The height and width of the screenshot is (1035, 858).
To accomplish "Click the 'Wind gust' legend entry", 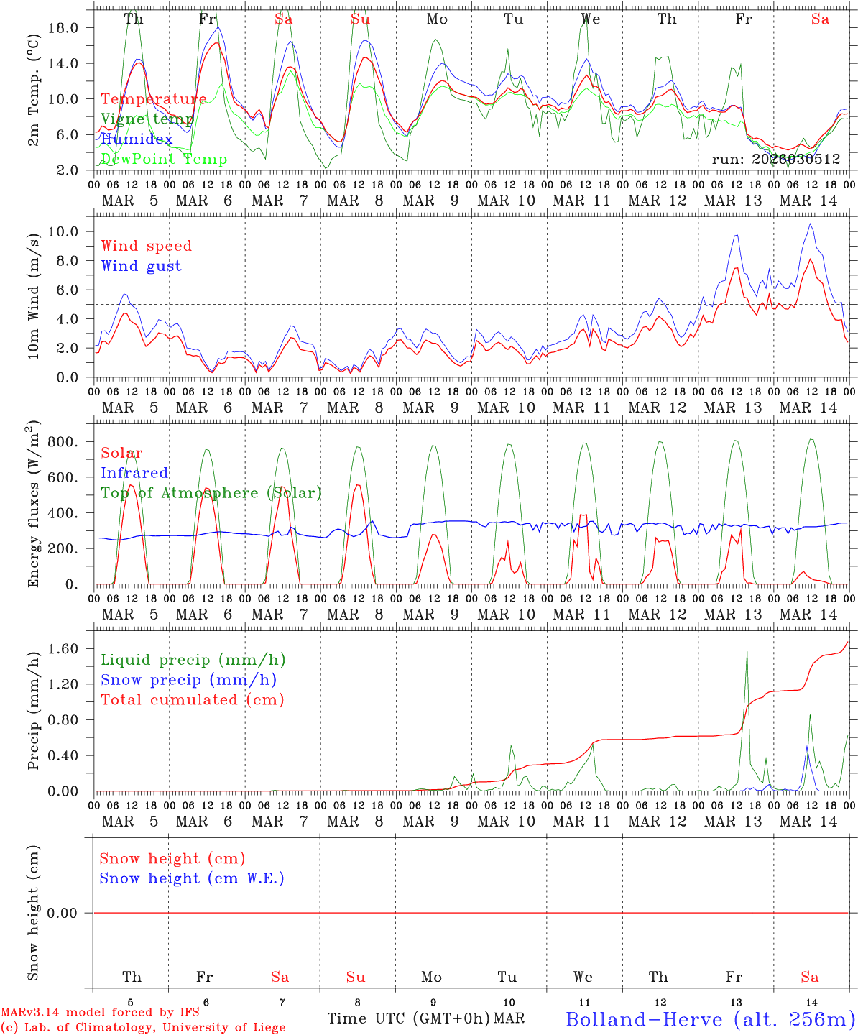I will (x=141, y=266).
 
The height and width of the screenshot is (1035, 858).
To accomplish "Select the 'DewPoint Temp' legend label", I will (x=164, y=159).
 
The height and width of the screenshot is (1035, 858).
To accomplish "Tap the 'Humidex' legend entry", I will (x=137, y=139).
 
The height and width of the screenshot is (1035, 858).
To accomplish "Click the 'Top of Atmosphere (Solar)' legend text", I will (x=211, y=493).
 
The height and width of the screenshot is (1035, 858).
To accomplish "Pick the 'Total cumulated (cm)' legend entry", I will (x=193, y=699).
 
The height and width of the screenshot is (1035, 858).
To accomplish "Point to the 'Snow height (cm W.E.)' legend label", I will (x=192, y=878).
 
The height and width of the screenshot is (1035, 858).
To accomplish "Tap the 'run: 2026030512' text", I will (x=775, y=159).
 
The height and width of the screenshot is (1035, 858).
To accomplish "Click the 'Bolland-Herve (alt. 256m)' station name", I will (x=710, y=1018).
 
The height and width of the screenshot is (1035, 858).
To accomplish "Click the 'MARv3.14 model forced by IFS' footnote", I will (x=100, y=1013).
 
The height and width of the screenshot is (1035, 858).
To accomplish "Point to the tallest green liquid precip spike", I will (x=747, y=651).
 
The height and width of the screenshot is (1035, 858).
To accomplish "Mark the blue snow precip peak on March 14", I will (x=806, y=747).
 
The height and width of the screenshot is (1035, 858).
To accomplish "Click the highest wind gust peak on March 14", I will (x=811, y=224).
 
